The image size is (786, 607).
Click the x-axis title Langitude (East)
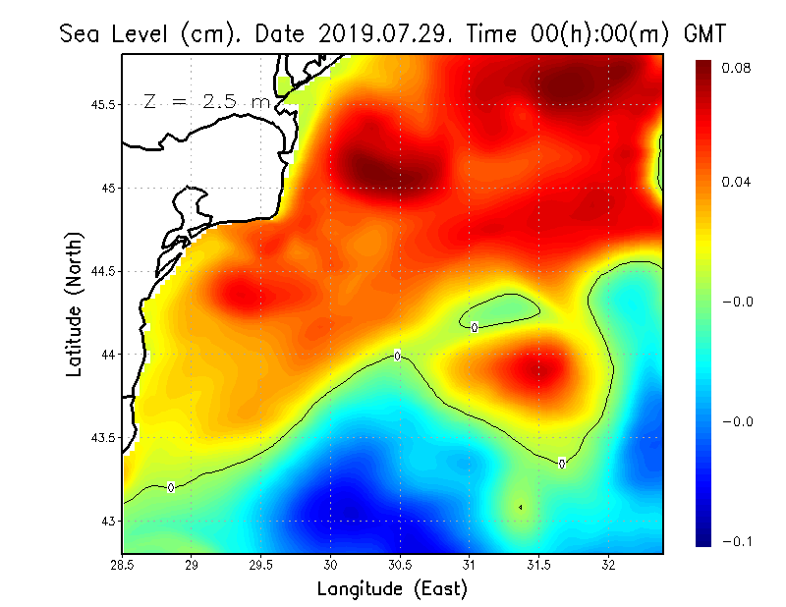point(392,589)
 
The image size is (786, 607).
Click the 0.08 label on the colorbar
point(736,68)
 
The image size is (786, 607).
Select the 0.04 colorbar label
point(736,182)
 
